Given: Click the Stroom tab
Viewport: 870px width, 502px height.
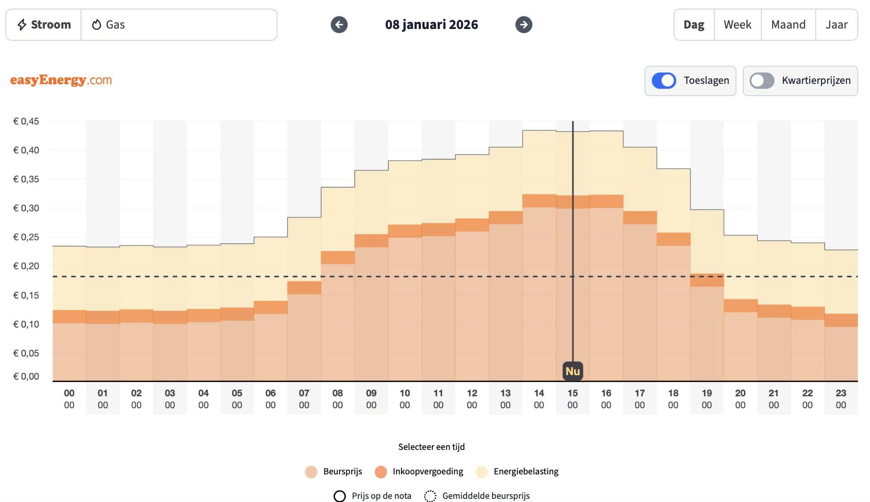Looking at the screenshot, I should (44, 24).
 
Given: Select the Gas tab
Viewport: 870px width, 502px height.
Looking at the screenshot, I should (109, 24).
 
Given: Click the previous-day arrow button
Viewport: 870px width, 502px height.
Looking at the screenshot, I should (339, 24).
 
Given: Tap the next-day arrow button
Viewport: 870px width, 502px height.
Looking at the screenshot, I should (524, 24).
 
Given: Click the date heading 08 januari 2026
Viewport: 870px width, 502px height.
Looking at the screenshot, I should (431, 24).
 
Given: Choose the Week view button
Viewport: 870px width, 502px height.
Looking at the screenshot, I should (737, 24).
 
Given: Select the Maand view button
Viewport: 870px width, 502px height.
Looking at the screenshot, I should (788, 24).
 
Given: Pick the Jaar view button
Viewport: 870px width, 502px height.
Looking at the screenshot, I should (836, 24).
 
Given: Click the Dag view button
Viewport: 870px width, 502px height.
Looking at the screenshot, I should (694, 24).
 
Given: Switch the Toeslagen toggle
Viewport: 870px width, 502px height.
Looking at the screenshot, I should (664, 81).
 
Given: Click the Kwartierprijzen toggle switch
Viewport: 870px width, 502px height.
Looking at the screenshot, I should (762, 81).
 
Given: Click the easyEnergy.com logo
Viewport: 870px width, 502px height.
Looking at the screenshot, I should (61, 80).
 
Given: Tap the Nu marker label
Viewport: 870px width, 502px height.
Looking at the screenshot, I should (573, 371).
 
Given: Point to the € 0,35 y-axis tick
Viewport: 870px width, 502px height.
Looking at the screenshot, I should (26, 179).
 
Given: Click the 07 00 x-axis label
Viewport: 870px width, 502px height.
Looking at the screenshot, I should (304, 399).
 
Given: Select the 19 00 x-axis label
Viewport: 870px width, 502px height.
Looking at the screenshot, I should (707, 399).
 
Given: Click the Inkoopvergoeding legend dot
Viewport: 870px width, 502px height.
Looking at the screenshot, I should (381, 472).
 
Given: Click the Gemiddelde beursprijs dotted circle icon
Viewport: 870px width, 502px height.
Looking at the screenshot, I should (430, 496).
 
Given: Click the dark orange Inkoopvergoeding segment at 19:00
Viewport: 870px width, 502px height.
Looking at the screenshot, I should (707, 280).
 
